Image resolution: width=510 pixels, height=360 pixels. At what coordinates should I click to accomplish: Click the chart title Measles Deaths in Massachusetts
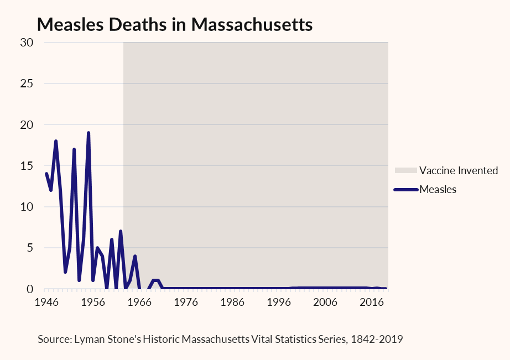click(x=175, y=25)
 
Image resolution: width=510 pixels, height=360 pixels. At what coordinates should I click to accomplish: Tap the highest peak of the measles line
click(x=89, y=133)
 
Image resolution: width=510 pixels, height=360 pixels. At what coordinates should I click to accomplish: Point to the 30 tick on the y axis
click(x=27, y=43)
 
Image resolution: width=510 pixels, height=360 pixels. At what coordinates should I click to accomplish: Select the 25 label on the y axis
click(x=27, y=84)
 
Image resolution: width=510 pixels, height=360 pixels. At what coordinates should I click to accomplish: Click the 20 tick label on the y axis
click(x=27, y=124)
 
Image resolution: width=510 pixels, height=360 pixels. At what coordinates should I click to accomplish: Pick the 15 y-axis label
click(x=27, y=166)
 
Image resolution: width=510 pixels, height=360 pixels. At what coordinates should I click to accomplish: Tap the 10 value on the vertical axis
click(x=27, y=207)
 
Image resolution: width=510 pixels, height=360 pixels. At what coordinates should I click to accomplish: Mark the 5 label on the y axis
click(x=30, y=248)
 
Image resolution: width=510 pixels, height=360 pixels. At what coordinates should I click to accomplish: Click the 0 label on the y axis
click(x=30, y=289)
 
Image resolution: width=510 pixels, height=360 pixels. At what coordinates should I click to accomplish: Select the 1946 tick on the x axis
click(x=46, y=302)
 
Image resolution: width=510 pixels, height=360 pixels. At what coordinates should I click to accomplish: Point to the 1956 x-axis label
click(x=93, y=302)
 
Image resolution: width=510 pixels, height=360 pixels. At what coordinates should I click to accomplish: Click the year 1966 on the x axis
click(x=139, y=302)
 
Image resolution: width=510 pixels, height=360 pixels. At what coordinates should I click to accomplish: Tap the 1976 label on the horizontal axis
click(x=186, y=302)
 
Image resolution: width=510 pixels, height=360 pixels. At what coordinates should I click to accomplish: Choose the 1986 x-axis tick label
click(x=232, y=302)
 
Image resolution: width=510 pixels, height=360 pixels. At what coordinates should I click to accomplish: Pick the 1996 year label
click(x=279, y=302)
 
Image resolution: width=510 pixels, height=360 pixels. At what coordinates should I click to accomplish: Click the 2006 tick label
click(x=325, y=302)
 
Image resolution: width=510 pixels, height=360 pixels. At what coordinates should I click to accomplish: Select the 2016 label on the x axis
click(x=372, y=302)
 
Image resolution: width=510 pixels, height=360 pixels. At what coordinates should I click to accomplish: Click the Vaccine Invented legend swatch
click(x=406, y=170)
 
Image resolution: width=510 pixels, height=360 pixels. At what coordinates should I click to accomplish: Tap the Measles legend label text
click(x=438, y=189)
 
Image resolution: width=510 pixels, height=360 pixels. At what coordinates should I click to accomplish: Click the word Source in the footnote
click(x=55, y=339)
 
